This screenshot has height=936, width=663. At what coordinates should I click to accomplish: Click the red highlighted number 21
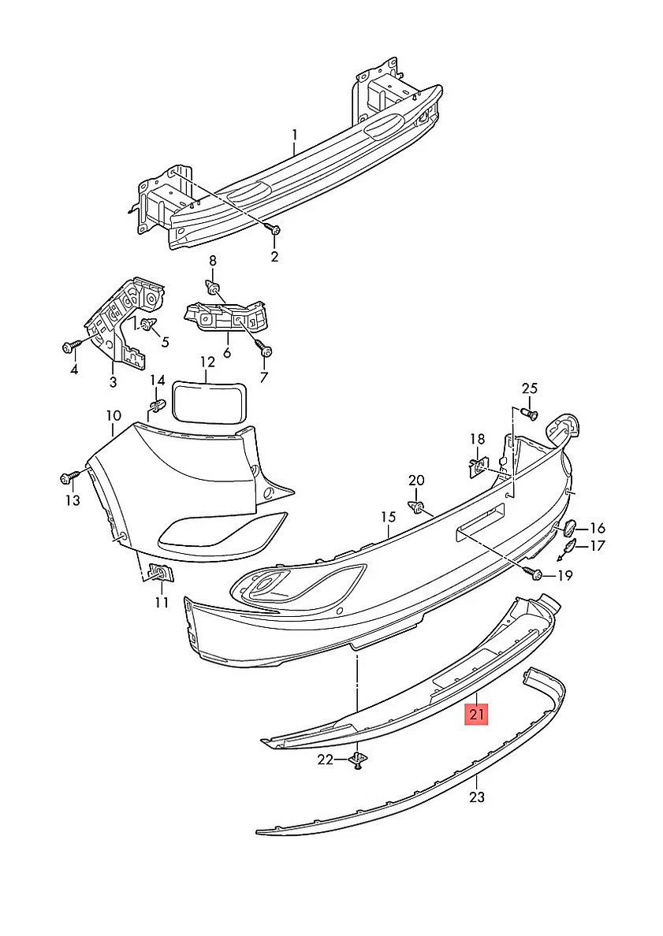[477, 715]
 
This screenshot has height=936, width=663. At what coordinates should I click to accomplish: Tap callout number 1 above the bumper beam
[294, 135]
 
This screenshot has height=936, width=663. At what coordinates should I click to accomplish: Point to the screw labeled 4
[68, 346]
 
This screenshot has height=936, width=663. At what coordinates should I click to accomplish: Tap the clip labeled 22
[358, 760]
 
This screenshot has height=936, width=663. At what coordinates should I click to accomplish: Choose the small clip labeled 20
[417, 506]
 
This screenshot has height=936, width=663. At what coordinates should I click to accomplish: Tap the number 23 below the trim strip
[477, 797]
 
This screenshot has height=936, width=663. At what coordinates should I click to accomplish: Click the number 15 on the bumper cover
[388, 517]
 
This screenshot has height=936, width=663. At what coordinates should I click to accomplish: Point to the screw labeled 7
[266, 351]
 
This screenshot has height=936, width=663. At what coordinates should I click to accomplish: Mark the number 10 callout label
[114, 415]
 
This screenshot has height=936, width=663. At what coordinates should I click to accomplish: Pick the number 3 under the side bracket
[113, 382]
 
